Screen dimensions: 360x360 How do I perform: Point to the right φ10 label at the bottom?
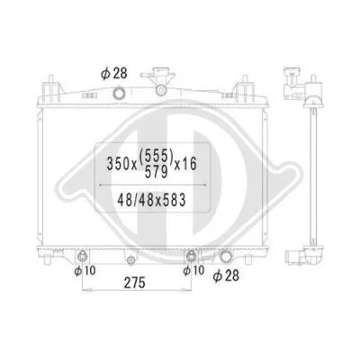point(191,269)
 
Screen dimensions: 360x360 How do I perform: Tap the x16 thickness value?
point(191,166)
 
